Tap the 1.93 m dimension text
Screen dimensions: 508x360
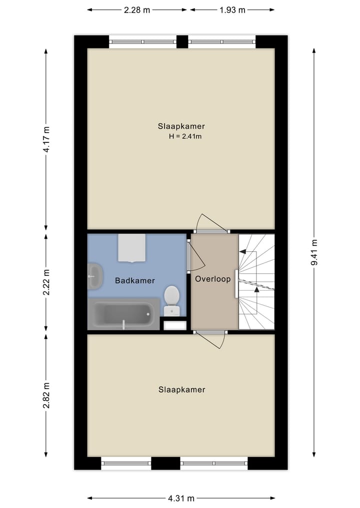232,9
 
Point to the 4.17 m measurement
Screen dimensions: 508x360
46,139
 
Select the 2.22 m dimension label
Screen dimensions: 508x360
46,282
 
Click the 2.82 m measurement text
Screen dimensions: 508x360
46,395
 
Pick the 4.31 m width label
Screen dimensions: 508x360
180,498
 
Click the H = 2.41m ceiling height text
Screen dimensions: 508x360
185,136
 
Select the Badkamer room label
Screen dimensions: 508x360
135,281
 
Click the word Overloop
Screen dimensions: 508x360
213,279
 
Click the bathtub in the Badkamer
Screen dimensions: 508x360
123,315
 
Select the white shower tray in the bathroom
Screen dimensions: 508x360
132,248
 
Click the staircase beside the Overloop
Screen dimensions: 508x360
256,282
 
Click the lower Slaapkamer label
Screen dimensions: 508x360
182,390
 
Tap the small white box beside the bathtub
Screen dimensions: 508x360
175,325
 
